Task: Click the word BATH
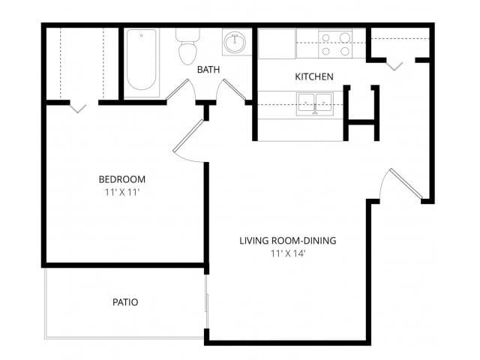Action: coord(208,70)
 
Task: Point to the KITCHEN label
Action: coord(313,76)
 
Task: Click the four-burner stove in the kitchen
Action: coord(335,43)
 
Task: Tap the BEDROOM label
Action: coord(121,179)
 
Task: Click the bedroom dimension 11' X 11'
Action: coord(121,193)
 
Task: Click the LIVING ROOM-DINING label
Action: coord(287,241)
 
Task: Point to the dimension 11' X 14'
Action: coord(287,253)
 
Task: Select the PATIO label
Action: coord(124,302)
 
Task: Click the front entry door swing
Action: coord(403,184)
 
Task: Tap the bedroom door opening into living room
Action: coord(189,139)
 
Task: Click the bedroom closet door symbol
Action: coord(78,106)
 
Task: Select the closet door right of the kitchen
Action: coord(394,64)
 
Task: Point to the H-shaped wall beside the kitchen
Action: coord(361,113)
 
